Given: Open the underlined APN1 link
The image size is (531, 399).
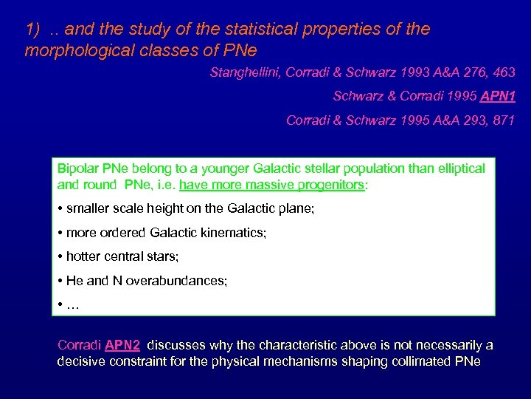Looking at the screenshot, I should pos(498,96).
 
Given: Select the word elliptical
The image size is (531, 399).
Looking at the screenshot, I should pos(459,168).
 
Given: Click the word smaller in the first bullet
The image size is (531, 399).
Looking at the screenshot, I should pos(89,209).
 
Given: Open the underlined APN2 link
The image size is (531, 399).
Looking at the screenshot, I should pos(124,345).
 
